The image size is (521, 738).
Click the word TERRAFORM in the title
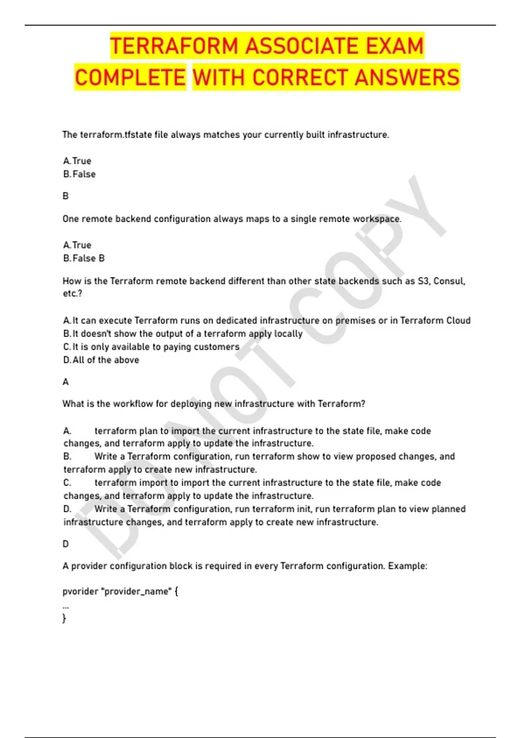[x=174, y=46]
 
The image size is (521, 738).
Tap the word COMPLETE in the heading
[x=130, y=78]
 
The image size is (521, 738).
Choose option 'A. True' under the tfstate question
[x=77, y=161]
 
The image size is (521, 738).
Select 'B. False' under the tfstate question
[x=79, y=174]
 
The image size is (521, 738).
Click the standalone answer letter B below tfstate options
[x=66, y=196]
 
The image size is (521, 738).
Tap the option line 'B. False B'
[x=84, y=258]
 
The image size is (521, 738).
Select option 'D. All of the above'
[x=101, y=360]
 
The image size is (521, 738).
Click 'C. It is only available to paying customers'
[x=151, y=347]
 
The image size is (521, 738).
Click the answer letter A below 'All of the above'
[x=66, y=382]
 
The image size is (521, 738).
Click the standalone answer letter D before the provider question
[x=66, y=544]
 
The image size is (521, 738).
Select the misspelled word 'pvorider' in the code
[x=80, y=592]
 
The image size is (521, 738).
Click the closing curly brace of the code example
[x=65, y=618]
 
